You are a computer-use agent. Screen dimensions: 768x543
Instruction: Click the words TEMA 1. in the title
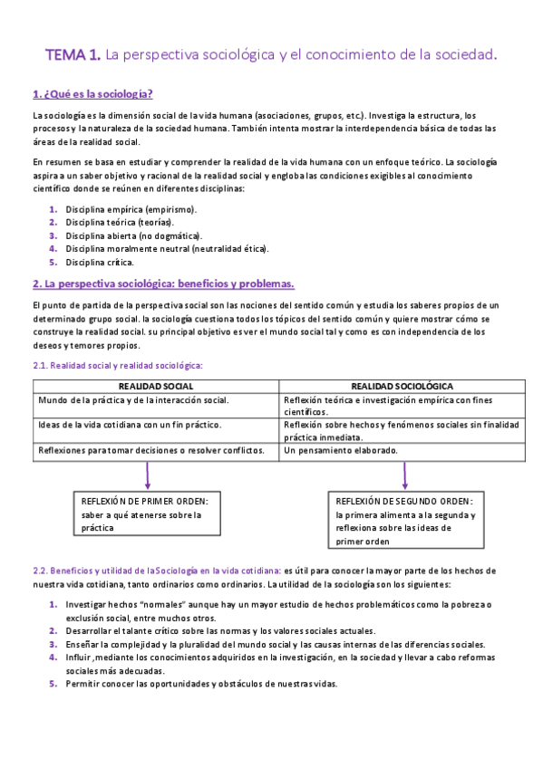click(x=73, y=56)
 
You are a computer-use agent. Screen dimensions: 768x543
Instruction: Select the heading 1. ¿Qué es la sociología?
click(x=92, y=93)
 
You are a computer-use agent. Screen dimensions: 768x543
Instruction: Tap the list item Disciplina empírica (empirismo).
click(x=131, y=209)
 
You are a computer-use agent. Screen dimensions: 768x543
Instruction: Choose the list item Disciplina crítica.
click(x=100, y=262)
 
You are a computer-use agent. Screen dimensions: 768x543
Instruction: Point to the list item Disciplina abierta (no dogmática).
click(x=133, y=235)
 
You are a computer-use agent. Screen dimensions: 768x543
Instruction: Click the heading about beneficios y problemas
click(x=163, y=283)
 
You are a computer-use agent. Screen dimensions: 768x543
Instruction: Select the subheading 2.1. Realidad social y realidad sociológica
click(x=118, y=365)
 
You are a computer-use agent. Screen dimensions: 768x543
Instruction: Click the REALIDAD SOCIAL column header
click(x=156, y=386)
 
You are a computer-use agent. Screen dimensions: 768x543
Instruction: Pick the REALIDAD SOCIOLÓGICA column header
click(x=402, y=386)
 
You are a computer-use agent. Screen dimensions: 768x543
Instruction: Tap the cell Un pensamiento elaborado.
click(x=340, y=449)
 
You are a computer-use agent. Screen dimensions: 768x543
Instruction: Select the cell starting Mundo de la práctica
click(x=133, y=399)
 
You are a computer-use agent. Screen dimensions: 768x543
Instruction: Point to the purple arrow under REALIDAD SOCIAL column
click(x=147, y=475)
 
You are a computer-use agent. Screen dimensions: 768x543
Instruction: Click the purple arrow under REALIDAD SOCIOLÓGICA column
click(x=404, y=475)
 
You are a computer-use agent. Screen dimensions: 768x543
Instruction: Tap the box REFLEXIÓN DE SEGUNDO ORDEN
click(x=404, y=521)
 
